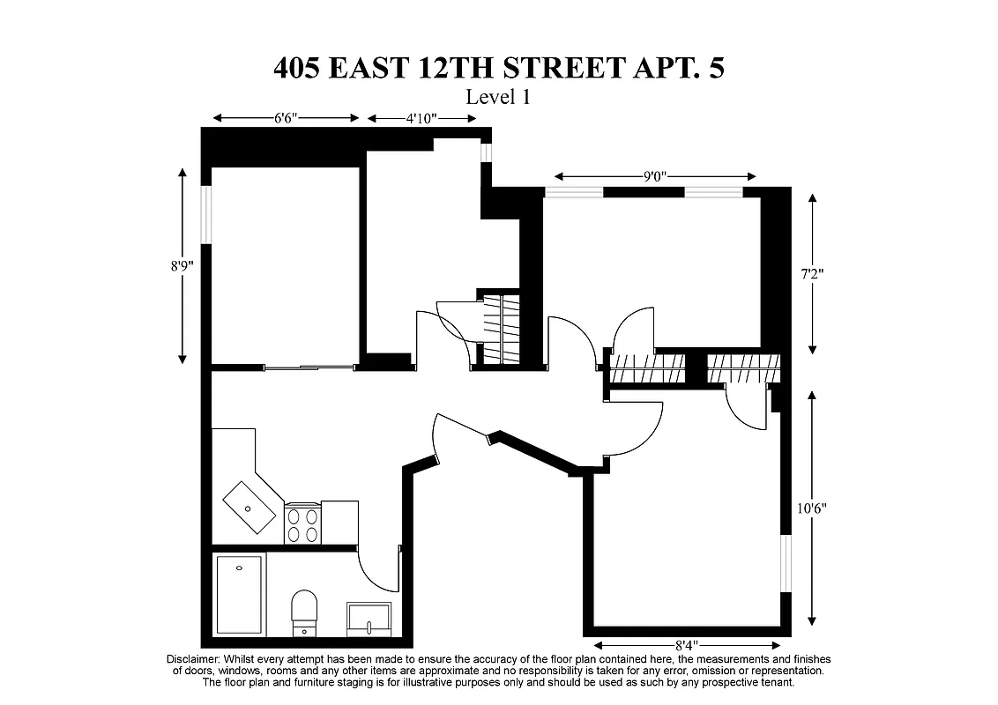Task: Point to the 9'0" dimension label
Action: click(654, 176)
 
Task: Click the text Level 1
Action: click(498, 97)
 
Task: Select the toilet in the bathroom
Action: click(304, 611)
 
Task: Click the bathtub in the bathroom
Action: click(241, 595)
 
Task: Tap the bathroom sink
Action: click(369, 619)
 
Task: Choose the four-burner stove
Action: click(302, 523)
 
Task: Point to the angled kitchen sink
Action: click(249, 508)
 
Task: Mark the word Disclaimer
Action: click(193, 659)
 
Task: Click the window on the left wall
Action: click(206, 213)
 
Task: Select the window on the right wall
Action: click(786, 563)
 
